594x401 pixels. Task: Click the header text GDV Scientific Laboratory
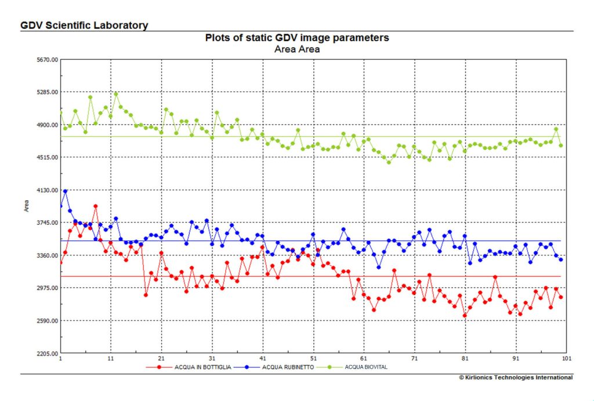coord(84,26)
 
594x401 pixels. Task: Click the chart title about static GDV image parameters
coord(297,38)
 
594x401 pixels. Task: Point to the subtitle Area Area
coord(297,49)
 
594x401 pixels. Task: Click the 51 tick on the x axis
coord(313,359)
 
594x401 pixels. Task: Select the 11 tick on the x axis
coord(111,359)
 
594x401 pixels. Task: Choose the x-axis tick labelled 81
coord(465,359)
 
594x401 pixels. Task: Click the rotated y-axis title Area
coord(27,206)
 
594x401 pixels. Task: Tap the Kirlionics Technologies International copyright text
coord(516,377)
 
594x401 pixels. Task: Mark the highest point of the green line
coord(116,94)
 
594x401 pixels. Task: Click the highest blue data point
coord(66,191)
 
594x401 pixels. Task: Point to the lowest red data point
coord(465,316)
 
